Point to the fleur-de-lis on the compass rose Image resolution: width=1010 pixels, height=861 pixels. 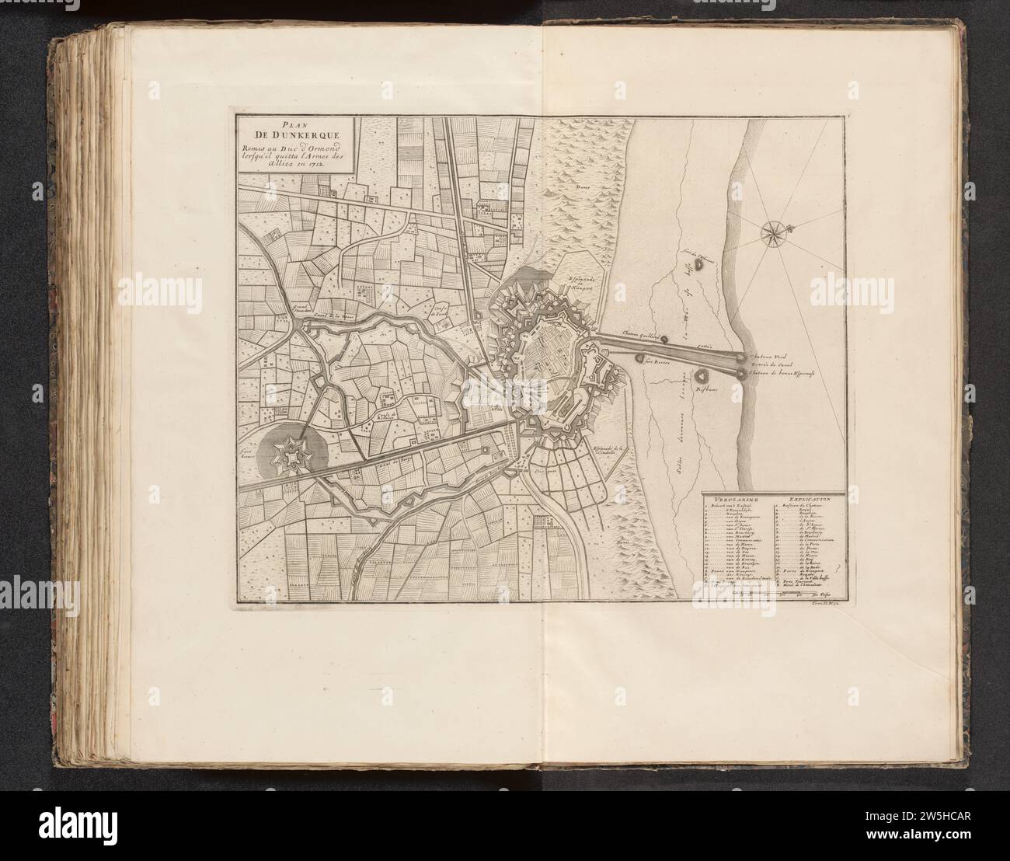click(x=791, y=227)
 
